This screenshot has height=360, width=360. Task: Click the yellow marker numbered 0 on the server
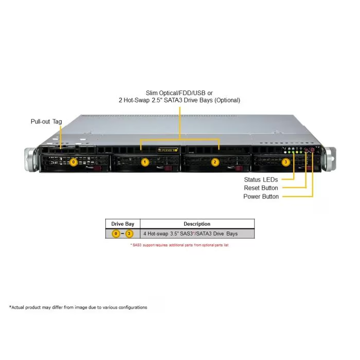coord(74,162)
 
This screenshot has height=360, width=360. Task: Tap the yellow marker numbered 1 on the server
coord(145,162)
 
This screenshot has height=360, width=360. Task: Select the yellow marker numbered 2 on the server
coord(215,162)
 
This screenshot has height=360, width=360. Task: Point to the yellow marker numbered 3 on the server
coord(285,162)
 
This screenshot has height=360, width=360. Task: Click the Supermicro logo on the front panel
coord(168,150)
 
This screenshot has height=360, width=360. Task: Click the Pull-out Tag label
coord(46,121)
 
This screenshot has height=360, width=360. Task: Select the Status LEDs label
coord(261,179)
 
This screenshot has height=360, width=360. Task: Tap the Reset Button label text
coord(261,188)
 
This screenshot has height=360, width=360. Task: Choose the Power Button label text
coord(261,196)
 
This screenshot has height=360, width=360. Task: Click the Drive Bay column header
coord(122,224)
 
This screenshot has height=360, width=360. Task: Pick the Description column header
coord(197,224)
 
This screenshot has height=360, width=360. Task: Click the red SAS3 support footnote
coord(179,245)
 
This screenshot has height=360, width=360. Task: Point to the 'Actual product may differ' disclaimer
coord(78,307)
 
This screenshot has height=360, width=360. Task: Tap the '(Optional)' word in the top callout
coord(227,100)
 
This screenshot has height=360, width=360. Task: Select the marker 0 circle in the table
coord(116,233)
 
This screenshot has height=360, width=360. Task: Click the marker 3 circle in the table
coord(129,233)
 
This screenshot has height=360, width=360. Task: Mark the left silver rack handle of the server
coord(30,159)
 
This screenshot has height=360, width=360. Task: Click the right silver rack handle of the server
coord(330,159)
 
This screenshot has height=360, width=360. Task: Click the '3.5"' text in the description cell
coord(174,233)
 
